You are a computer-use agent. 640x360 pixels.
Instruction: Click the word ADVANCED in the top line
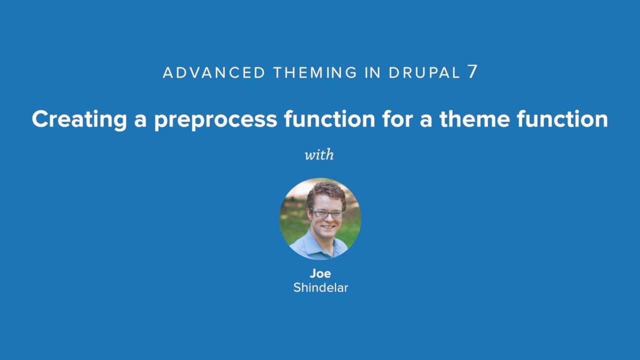click(214, 72)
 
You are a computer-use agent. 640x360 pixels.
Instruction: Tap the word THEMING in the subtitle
click(315, 72)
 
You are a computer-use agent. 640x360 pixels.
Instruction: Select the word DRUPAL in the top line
click(424, 72)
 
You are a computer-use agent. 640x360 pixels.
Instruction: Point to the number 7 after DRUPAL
click(472, 72)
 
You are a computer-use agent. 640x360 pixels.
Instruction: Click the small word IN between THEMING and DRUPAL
click(373, 72)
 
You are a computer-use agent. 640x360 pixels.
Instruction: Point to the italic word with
click(319, 154)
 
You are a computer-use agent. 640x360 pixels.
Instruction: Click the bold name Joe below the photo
click(320, 273)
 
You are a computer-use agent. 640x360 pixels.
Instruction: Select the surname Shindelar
click(320, 287)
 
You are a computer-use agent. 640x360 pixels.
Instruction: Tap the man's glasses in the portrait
click(326, 213)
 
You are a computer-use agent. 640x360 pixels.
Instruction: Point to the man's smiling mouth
click(328, 228)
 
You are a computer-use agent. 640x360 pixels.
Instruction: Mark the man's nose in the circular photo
click(327, 219)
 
